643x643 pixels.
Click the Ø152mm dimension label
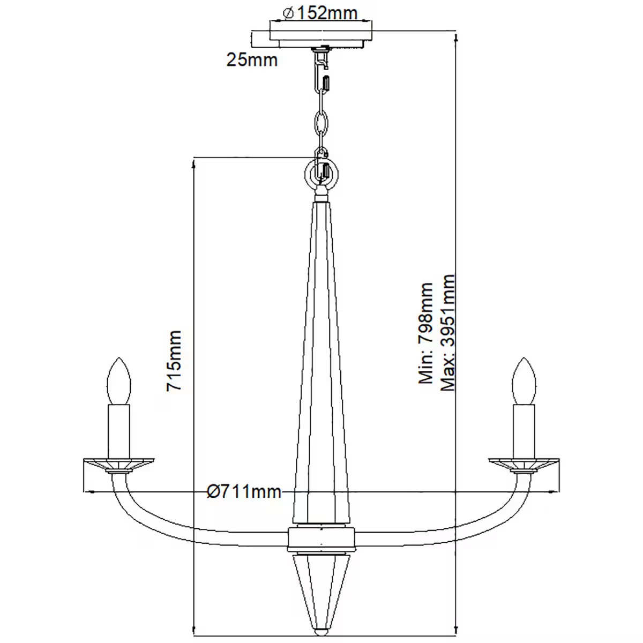(320, 12)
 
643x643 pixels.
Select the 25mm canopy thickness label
(252, 59)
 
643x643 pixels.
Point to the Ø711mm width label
(244, 491)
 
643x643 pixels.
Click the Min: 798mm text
(426, 333)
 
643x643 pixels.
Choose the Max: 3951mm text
(447, 333)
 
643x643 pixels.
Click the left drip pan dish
(119, 462)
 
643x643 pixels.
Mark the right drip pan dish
(524, 462)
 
